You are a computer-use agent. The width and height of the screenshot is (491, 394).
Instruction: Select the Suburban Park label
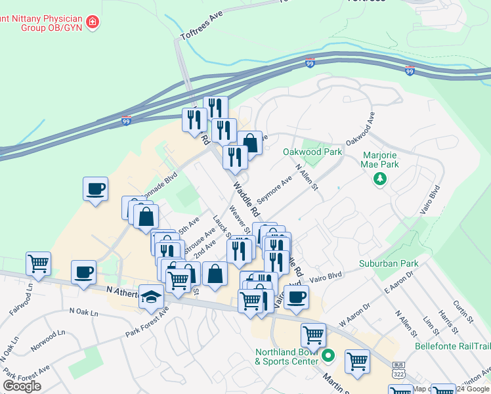pos(389,264)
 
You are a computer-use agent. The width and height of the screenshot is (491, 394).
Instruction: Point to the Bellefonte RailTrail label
pos(452,345)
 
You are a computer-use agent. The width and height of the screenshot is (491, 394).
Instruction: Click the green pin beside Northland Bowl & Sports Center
pos(329,357)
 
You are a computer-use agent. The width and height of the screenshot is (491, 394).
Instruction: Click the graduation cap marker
pos(152,299)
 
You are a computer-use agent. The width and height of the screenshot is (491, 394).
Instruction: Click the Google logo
pos(22,386)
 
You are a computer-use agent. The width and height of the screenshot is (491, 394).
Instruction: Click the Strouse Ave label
pos(199,243)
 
